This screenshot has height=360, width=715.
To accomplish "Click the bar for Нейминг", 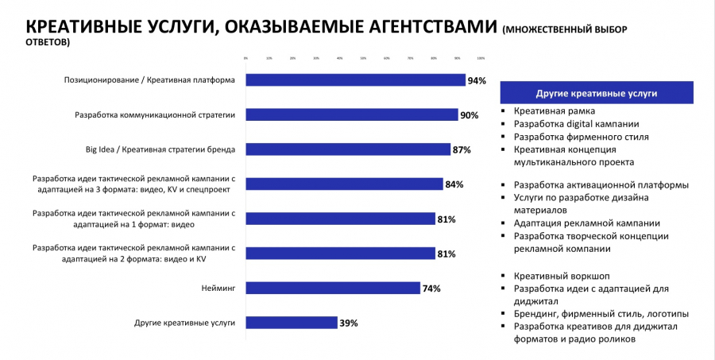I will point(332,288).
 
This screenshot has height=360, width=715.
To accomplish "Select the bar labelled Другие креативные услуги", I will point(292,323).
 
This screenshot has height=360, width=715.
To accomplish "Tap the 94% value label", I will point(477,80).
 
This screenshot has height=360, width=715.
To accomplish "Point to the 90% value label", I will point(469,115).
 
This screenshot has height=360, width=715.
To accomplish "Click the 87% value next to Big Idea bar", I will point(462,149).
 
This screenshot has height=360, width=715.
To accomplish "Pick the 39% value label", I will point(349,323).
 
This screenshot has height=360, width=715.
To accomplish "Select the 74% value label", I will point(431,288).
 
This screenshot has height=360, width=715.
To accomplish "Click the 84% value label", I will point(454,184).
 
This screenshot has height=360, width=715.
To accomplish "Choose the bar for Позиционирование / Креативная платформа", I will point(355,79).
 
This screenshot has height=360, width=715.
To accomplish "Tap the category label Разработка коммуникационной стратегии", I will point(155,114).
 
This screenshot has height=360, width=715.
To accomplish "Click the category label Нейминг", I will point(218,288).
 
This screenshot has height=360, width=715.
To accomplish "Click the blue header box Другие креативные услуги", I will point(597,93).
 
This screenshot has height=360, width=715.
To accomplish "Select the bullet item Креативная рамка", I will point(554,111).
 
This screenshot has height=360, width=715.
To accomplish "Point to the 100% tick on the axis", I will point(481,58).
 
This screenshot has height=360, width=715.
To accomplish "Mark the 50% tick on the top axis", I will point(363,58).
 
